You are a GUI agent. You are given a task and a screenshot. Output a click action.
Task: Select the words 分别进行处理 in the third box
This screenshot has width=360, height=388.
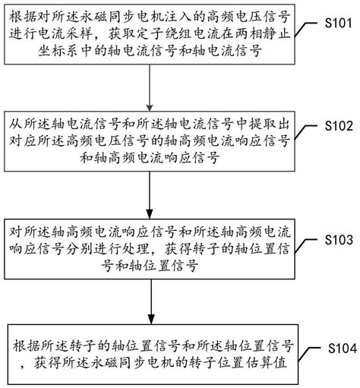112,248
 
